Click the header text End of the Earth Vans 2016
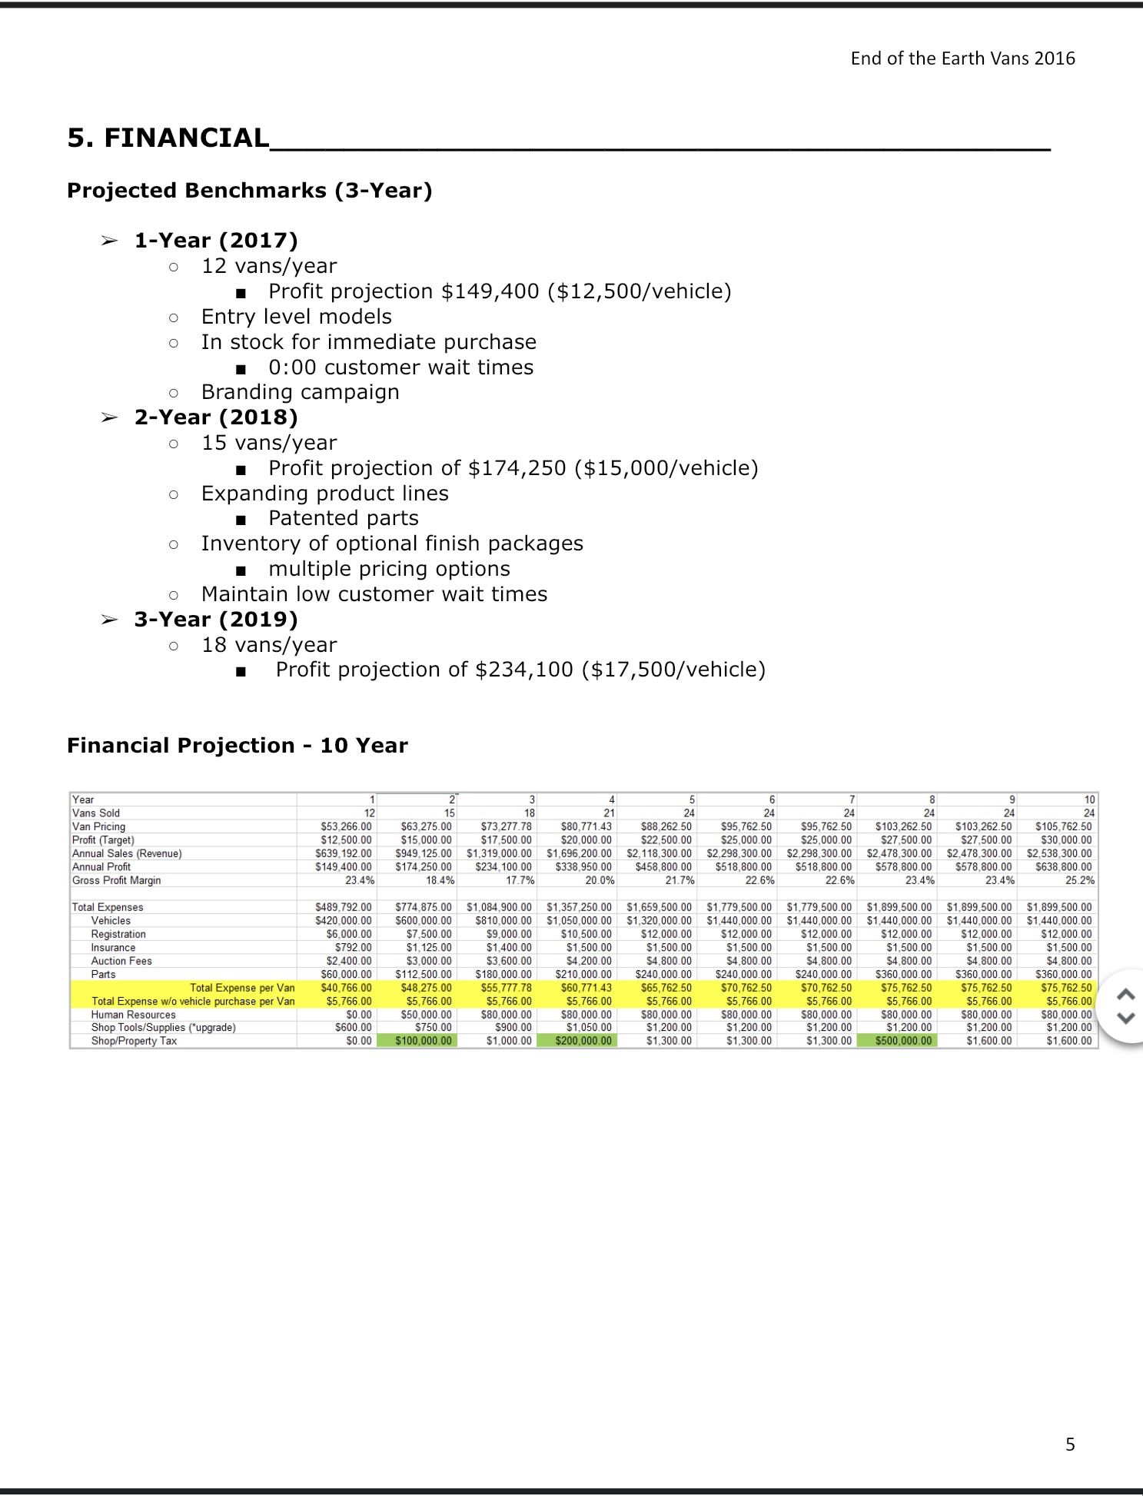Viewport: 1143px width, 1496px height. (962, 58)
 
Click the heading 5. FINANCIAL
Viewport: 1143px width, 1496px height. (168, 138)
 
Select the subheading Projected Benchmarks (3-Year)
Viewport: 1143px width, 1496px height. (249, 191)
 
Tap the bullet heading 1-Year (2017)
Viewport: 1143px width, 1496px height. (215, 241)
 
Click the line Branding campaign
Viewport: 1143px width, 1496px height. (300, 392)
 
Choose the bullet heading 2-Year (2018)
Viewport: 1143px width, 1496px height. (215, 417)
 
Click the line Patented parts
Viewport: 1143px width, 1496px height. (343, 518)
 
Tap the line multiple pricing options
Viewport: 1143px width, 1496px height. (389, 569)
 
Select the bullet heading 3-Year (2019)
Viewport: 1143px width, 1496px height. (215, 620)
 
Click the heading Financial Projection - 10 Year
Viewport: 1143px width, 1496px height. (237, 746)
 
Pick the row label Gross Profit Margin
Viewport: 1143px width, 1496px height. (116, 880)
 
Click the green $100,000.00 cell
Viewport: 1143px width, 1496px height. (424, 1041)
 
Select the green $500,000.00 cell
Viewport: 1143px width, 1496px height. (903, 1041)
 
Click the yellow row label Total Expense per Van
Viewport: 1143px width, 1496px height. (242, 988)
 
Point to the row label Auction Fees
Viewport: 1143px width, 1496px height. (121, 961)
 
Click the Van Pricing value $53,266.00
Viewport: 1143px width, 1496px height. (346, 826)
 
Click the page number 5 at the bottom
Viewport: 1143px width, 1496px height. (1070, 1444)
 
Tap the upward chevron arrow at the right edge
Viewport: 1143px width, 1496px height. (1125, 994)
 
